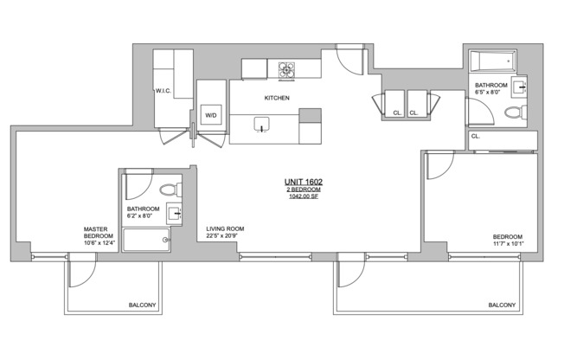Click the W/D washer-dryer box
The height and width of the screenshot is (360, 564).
(x=211, y=115)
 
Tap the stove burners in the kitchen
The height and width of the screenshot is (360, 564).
(x=286, y=70)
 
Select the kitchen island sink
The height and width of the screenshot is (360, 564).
(x=261, y=125)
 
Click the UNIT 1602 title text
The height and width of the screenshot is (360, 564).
(x=304, y=182)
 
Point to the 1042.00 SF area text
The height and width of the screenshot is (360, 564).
(x=304, y=196)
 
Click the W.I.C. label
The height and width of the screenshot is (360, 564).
(x=163, y=91)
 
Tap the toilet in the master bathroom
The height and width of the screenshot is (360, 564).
(x=170, y=190)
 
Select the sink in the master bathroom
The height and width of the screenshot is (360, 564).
(x=174, y=213)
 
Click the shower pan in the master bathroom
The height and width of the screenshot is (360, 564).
(x=146, y=240)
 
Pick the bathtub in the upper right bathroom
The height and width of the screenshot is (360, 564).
(x=493, y=61)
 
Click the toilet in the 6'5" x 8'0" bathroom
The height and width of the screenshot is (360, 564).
(x=516, y=112)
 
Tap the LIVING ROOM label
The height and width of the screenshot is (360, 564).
(x=225, y=228)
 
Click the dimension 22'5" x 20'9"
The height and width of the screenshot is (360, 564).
(x=221, y=235)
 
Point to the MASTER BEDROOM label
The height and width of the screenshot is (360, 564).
(x=99, y=232)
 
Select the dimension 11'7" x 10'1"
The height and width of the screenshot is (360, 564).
(x=509, y=244)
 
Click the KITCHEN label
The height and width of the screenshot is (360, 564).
(x=277, y=98)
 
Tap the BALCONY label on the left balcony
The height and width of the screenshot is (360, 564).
(x=143, y=305)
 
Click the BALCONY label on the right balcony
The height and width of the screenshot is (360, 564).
(x=502, y=305)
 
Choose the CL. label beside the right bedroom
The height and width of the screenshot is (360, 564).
(x=476, y=137)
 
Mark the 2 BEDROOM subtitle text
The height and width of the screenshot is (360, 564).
(x=304, y=190)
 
